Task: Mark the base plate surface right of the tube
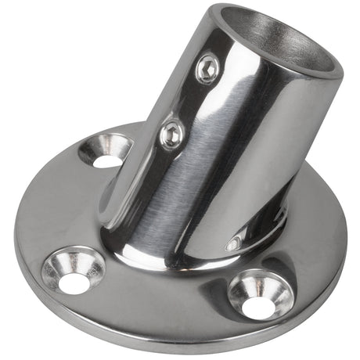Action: coord(313,211)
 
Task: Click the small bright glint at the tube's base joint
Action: coord(232,244)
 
